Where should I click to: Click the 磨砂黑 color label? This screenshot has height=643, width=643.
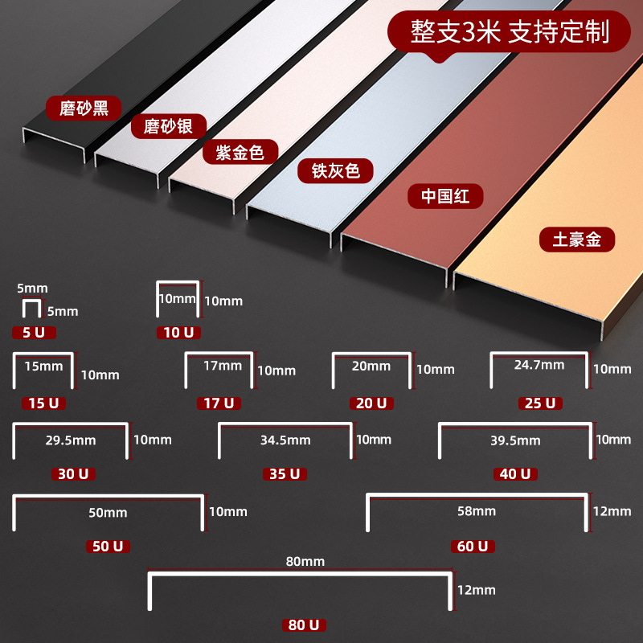tap(84, 109)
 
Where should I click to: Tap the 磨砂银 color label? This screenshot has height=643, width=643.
tap(169, 126)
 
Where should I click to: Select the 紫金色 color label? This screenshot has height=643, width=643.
tap(240, 152)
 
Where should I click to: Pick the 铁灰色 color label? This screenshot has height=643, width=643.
tap(335, 170)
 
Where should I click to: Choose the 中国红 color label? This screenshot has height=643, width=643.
tap(445, 196)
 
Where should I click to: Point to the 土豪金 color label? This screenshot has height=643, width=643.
tap(577, 240)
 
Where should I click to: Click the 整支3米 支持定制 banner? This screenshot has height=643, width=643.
tap(509, 32)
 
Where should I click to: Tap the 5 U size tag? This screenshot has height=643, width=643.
tap(34, 333)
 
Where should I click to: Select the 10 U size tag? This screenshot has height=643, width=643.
tap(178, 333)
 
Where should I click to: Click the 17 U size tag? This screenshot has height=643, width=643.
tap(219, 403)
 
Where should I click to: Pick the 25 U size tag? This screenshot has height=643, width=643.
tap(540, 403)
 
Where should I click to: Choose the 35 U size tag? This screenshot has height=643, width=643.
tap(285, 474)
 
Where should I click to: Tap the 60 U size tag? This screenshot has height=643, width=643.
tap(473, 547)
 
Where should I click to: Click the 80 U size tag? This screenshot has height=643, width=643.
tap(304, 625)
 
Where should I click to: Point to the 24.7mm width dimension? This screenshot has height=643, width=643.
tap(539, 365)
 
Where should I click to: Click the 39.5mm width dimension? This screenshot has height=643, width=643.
tap(515, 440)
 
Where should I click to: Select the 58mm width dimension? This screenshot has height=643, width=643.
tap(477, 511)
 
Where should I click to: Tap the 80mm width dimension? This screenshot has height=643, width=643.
tap(305, 561)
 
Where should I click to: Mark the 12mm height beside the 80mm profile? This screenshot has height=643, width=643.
tap(477, 590)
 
